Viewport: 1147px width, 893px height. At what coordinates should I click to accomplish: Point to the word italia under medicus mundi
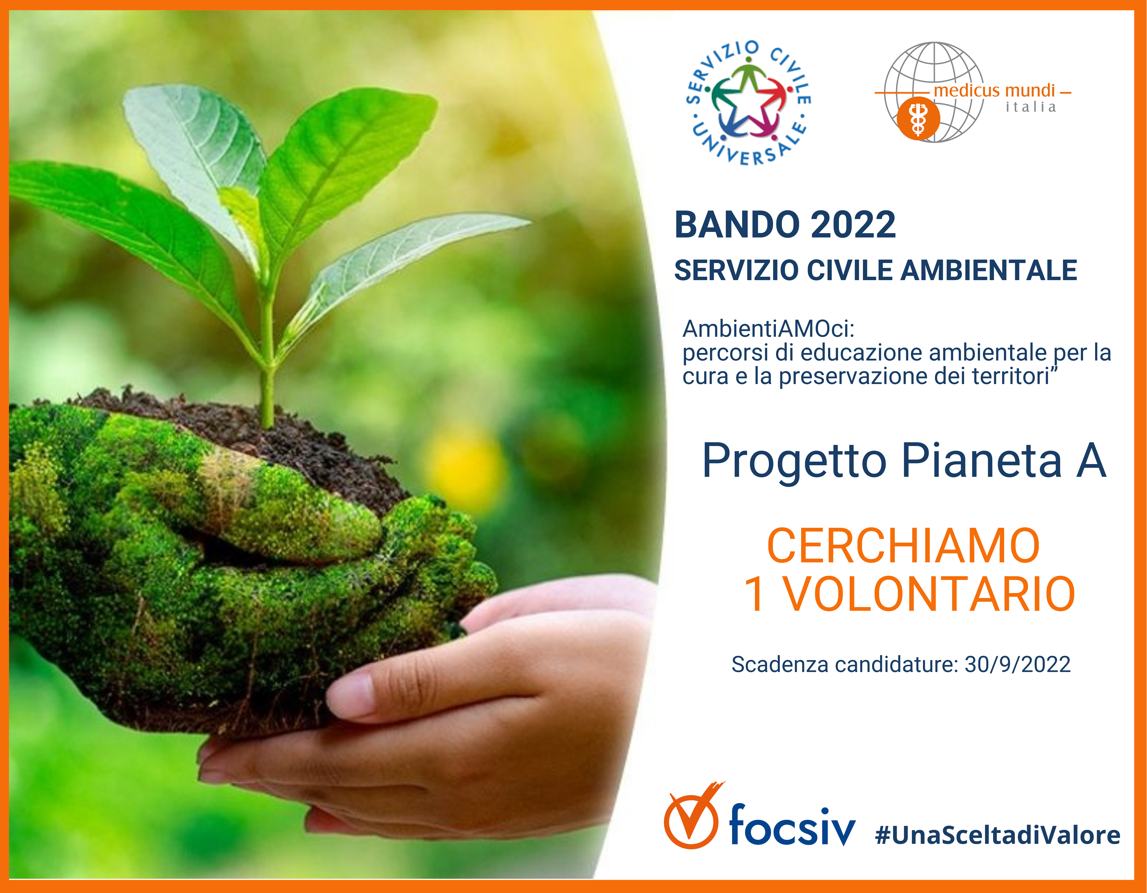point(1030,107)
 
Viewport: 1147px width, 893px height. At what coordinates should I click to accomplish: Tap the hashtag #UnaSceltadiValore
point(998,835)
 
